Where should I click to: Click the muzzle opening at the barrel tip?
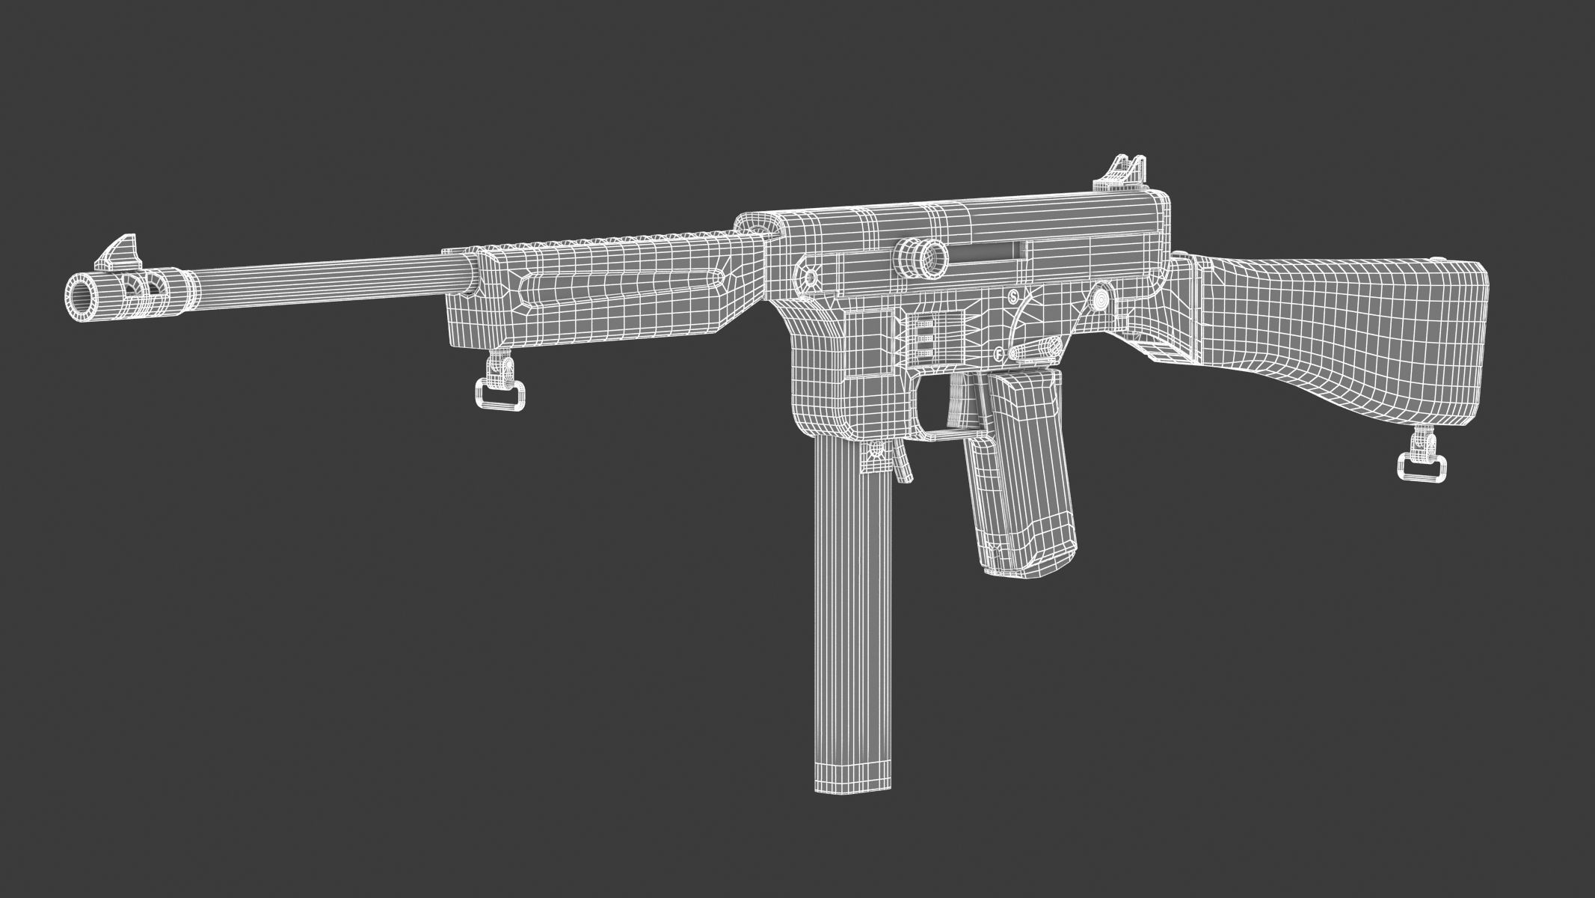pos(82,290)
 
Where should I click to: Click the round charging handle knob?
pos(921,256)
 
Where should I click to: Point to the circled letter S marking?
pos(1013,296)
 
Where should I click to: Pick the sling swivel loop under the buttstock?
pos(1420,467)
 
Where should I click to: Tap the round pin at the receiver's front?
pos(811,278)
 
